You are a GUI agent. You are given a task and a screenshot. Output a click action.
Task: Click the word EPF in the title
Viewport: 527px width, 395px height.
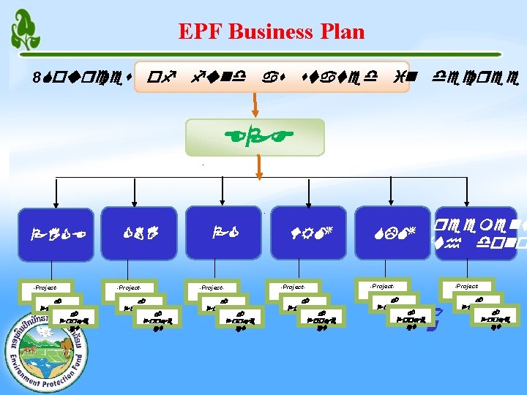197,32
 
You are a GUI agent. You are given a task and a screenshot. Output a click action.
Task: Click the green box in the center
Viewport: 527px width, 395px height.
254,138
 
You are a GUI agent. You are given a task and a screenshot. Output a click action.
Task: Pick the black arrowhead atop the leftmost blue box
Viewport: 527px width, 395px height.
52,203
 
